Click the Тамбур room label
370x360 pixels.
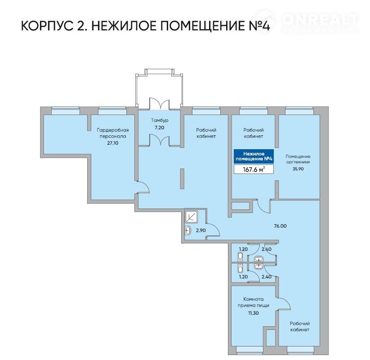coord(160,120)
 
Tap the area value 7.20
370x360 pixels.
coord(160,128)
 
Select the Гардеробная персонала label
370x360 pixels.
coord(113,133)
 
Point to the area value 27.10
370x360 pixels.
coord(113,143)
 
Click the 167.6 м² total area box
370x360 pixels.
coord(254,169)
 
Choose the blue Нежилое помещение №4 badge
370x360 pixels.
coord(254,156)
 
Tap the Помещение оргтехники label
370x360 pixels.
coord(298,159)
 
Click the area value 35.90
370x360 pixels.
coord(298,169)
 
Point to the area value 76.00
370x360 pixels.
coord(281,226)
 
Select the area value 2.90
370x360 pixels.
coord(201,231)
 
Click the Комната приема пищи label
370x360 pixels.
coord(254,302)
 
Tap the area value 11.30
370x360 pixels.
coord(254,313)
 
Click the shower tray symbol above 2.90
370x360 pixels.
coord(192,217)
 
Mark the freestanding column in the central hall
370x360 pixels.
coord(182,178)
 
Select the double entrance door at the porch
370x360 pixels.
coord(160,103)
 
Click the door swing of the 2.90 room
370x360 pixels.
coord(213,230)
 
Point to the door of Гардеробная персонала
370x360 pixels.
coord(143,187)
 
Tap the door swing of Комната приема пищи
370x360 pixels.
coord(284,302)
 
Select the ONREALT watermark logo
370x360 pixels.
coord(307,21)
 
